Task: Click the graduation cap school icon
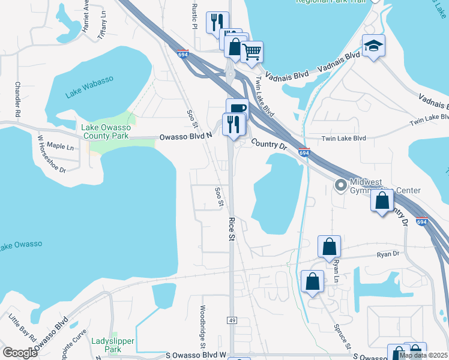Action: coord(373,46)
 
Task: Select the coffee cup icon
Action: coord(237,108)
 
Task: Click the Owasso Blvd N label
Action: coord(186,137)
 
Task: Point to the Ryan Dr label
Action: coord(388,254)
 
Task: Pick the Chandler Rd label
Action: coord(18,99)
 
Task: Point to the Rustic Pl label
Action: coord(194,18)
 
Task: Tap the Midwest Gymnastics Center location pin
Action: coord(341,185)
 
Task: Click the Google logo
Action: coord(20,353)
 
